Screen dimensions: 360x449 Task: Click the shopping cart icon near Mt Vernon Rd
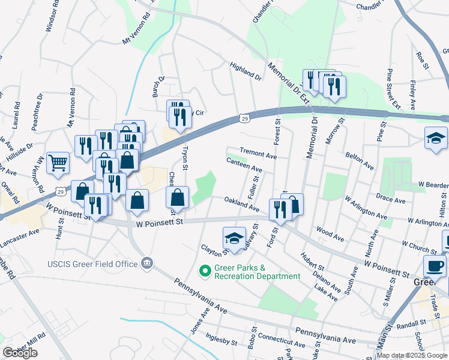pyautogui.click(x=58, y=163)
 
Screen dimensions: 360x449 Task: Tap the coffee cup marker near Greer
pyautogui.click(x=435, y=266)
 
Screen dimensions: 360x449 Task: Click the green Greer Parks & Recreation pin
pyautogui.click(x=205, y=272)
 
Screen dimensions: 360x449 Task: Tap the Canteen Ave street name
pyautogui.click(x=244, y=165)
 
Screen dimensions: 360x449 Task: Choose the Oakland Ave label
pyautogui.click(x=242, y=204)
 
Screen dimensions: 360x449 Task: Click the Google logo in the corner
pyautogui.click(x=20, y=353)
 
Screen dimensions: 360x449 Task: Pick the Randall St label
pyautogui.click(x=411, y=323)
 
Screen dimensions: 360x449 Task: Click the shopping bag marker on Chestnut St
pyautogui.click(x=178, y=197)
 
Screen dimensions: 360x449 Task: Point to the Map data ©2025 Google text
pyautogui.click(x=412, y=355)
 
